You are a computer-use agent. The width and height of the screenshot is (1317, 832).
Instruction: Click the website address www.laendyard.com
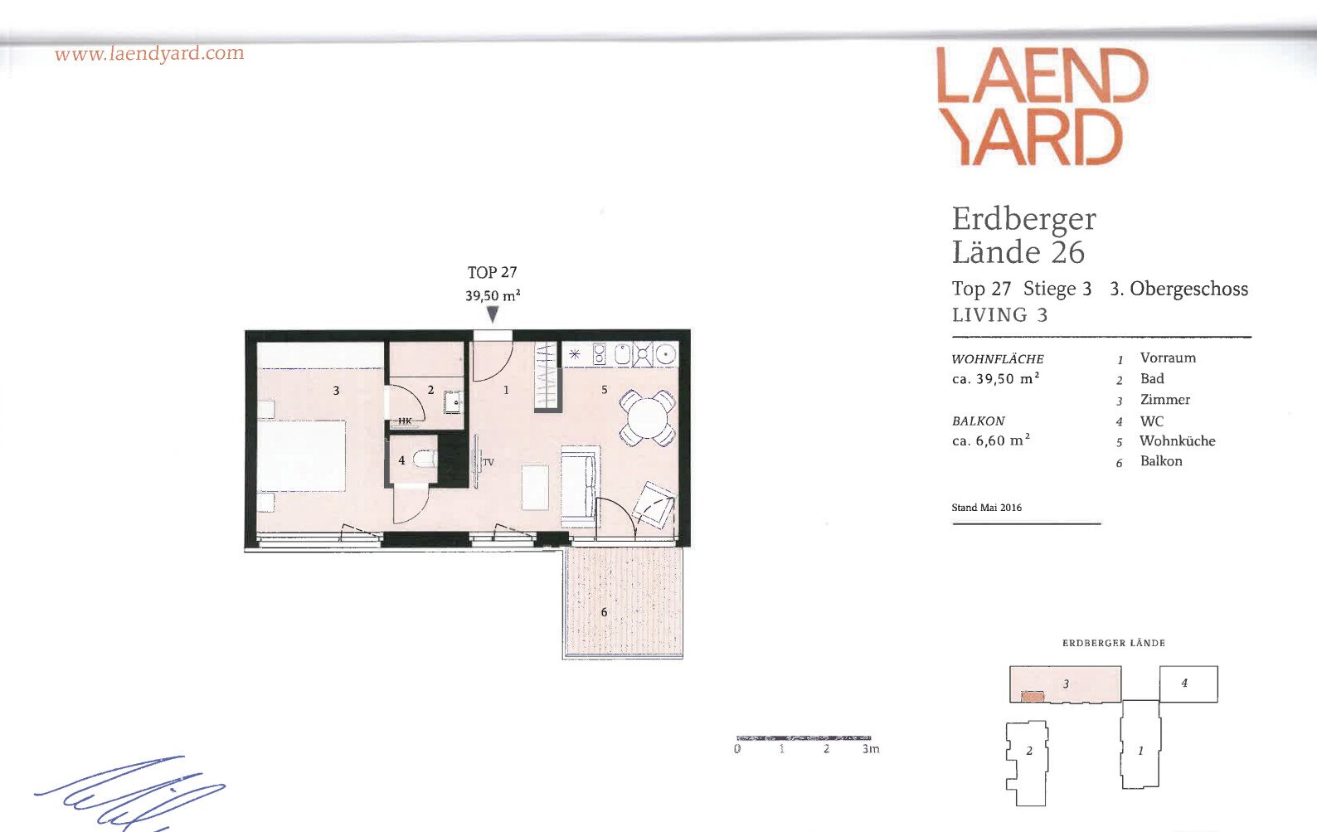pyautogui.click(x=149, y=54)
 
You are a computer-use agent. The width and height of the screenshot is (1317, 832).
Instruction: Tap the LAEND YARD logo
pyautogui.click(x=1042, y=106)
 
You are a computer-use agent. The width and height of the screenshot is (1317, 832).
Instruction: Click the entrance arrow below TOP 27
pyautogui.click(x=493, y=314)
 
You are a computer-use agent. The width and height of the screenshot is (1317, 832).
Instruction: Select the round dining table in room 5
pyautogui.click(x=647, y=418)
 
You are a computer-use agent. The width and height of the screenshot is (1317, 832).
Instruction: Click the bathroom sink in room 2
pyautogui.click(x=454, y=402)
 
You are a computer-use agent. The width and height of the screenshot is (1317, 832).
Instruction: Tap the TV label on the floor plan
pyautogui.click(x=488, y=462)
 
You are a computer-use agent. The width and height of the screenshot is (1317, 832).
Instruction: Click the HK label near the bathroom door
pyautogui.click(x=405, y=421)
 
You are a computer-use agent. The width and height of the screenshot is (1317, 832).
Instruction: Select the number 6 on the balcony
pyautogui.click(x=604, y=612)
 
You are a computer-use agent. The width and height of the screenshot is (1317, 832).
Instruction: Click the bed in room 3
pyautogui.click(x=302, y=455)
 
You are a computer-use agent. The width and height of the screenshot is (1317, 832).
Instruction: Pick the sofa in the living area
pyautogui.click(x=579, y=485)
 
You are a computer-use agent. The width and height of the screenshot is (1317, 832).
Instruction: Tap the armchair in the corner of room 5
pyautogui.click(x=654, y=504)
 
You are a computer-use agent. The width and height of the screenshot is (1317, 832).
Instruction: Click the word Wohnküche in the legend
pyautogui.click(x=1177, y=441)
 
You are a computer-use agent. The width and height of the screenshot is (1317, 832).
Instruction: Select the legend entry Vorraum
pyautogui.click(x=1168, y=358)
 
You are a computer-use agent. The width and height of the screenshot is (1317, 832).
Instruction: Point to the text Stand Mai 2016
pyautogui.click(x=987, y=508)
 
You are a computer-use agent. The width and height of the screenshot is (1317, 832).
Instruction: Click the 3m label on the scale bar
pyautogui.click(x=871, y=749)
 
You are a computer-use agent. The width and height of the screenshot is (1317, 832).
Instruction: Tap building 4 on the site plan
pyautogui.click(x=1188, y=684)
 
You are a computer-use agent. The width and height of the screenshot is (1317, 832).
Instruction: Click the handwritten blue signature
pyautogui.click(x=130, y=793)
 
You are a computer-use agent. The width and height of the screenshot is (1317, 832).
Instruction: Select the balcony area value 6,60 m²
pyautogui.click(x=991, y=440)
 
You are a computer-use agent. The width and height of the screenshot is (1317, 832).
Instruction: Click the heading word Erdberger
pyautogui.click(x=1023, y=219)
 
